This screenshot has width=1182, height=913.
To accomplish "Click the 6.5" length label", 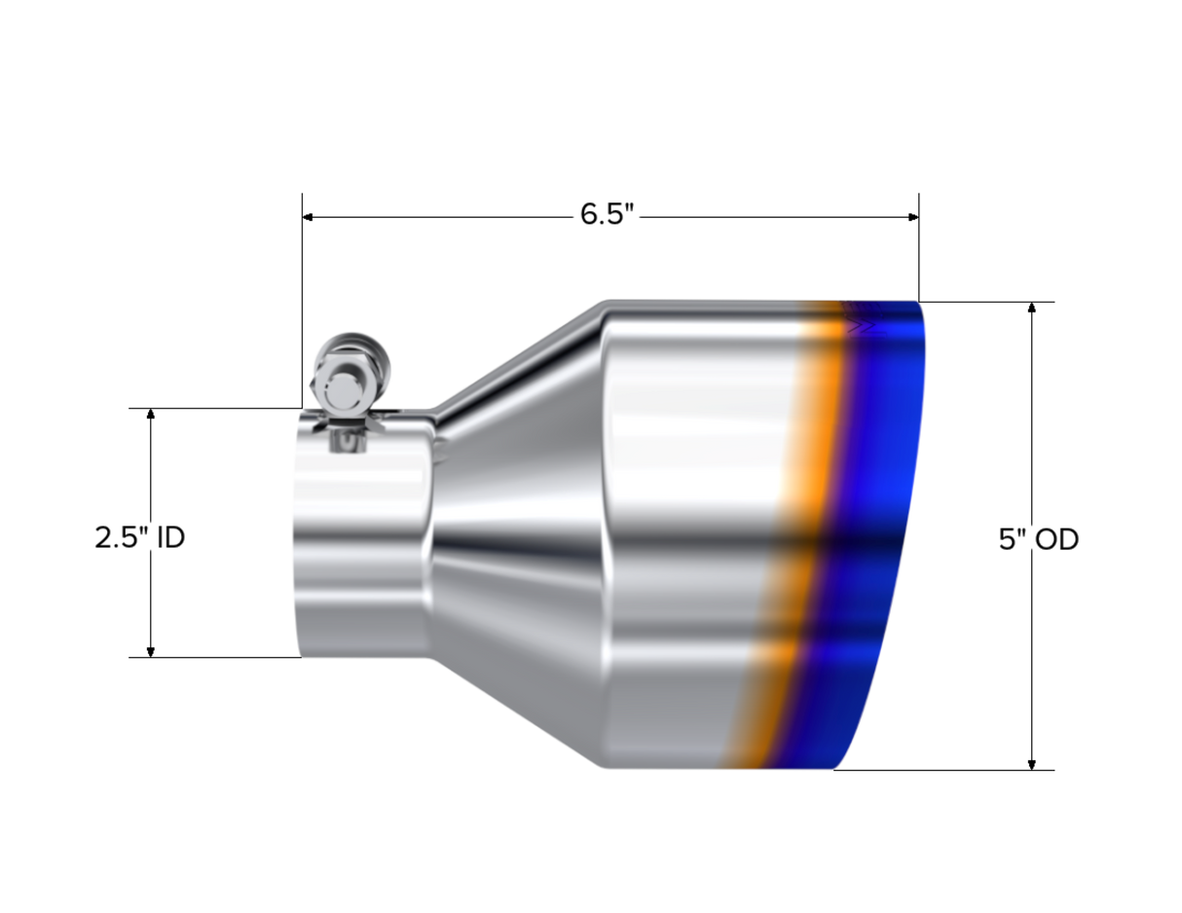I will (607, 213).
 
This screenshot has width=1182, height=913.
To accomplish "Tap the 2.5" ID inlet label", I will (139, 536).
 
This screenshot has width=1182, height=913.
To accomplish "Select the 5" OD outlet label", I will (1039, 539).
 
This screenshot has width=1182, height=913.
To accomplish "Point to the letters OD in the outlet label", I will (1056, 539).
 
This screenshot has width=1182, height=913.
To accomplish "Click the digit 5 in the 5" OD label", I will (1005, 539).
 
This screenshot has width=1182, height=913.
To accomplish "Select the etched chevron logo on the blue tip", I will (862, 328).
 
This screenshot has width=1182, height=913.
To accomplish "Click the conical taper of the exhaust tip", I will (516, 526).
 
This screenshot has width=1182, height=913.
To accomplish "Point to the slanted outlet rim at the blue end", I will (910, 526).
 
